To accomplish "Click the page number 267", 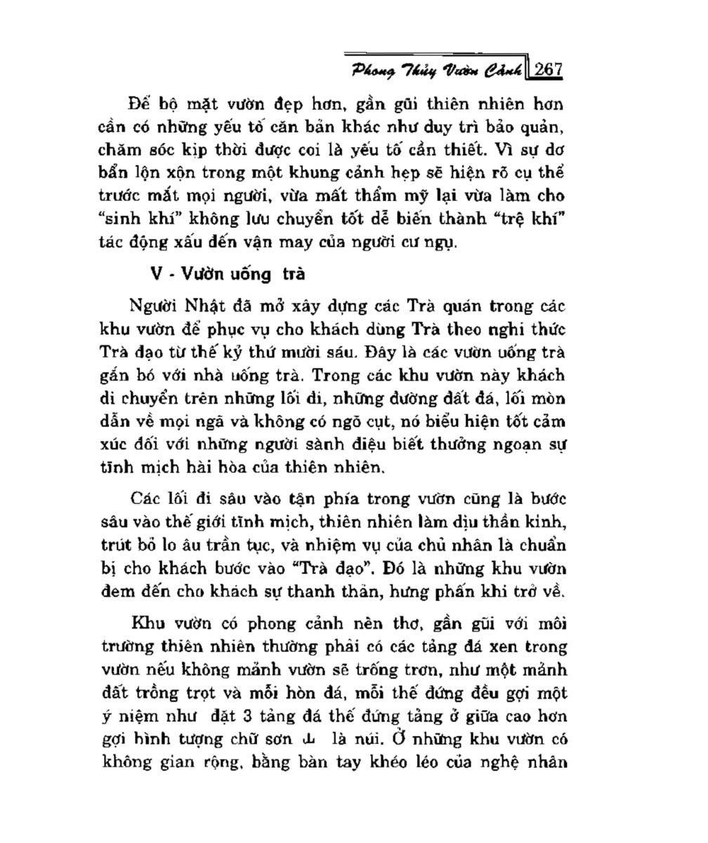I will coord(547,70).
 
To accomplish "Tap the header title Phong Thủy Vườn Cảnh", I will coord(437,70).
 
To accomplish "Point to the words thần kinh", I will coord(532,522).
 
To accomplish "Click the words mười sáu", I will coord(351,353).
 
